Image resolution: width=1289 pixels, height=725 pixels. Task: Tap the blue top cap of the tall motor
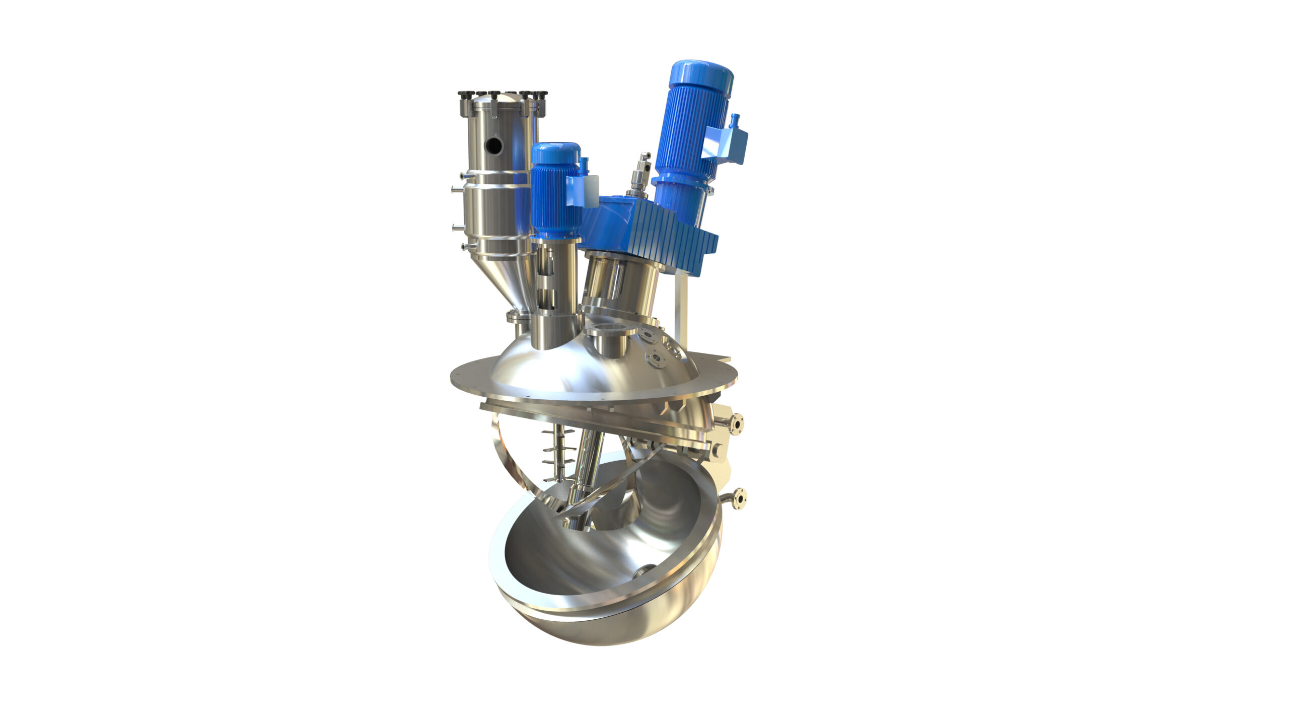701,76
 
